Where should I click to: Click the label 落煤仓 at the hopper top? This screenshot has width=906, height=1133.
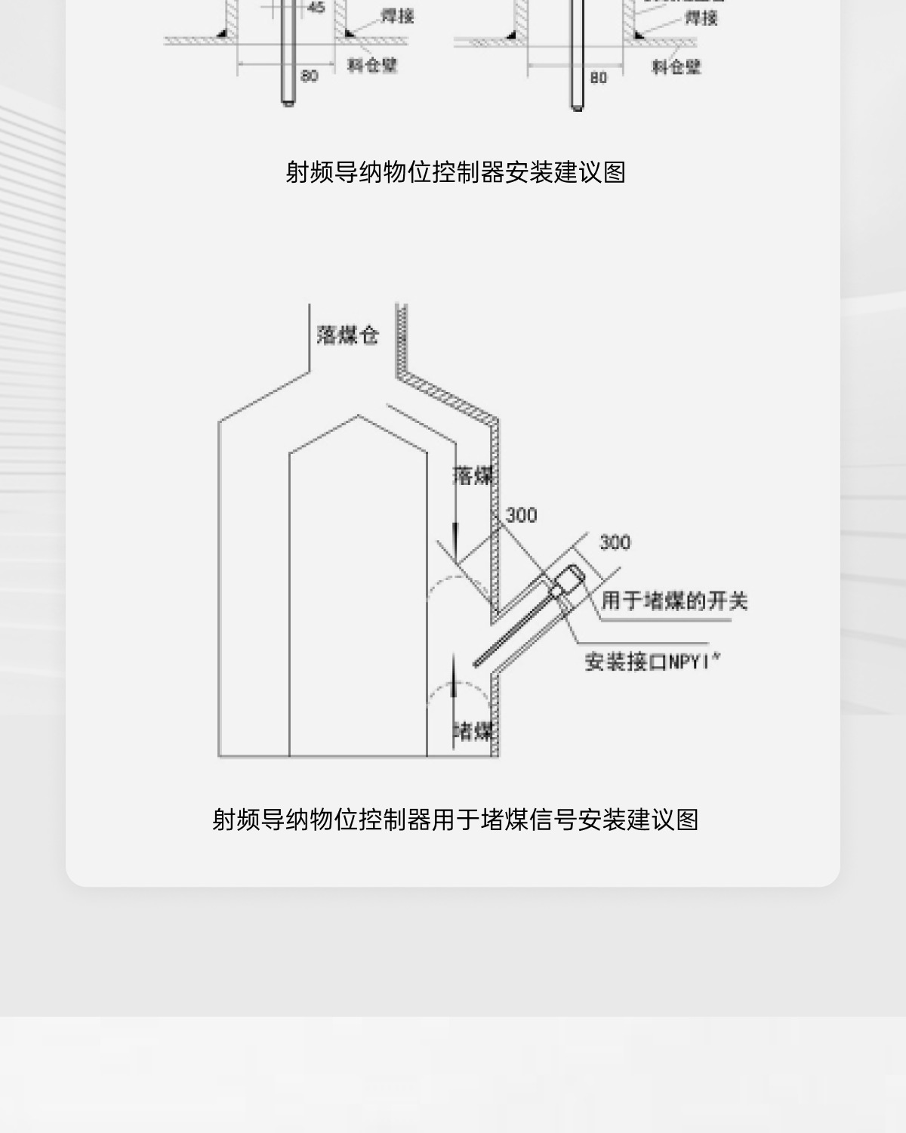(347, 335)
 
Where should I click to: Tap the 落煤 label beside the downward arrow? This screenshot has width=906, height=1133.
(473, 475)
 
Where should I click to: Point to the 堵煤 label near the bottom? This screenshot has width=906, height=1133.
(473, 730)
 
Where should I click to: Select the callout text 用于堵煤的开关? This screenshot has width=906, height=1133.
(674, 601)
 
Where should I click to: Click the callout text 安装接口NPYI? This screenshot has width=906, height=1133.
(652, 662)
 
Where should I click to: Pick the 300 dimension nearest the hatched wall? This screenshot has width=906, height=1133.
(521, 515)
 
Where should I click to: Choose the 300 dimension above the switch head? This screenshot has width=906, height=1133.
(615, 542)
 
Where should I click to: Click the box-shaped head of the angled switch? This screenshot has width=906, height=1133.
(569, 582)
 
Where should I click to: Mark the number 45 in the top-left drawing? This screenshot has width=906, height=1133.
(316, 8)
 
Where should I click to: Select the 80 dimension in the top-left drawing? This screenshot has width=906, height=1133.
(309, 76)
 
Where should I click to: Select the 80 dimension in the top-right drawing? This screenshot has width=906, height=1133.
(598, 77)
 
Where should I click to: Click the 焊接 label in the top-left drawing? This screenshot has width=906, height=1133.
(398, 16)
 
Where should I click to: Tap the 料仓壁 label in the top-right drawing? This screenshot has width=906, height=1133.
(676, 67)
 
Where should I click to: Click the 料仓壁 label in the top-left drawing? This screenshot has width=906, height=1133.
(372, 66)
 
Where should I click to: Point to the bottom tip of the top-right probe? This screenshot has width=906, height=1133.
(578, 107)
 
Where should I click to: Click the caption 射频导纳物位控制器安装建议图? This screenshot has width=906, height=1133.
(455, 172)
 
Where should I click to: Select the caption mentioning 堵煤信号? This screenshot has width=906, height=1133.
(455, 819)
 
